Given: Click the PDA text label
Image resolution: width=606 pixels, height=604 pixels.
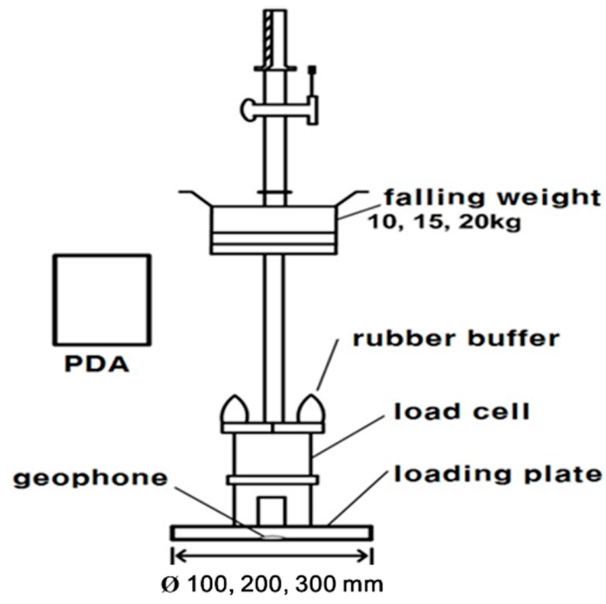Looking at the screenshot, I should click(96, 363).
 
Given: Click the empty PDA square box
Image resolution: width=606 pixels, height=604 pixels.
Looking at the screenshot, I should click(102, 299).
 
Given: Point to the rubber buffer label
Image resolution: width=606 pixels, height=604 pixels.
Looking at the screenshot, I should click(456, 339).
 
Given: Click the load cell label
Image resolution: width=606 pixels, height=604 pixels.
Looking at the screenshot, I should click(462, 412).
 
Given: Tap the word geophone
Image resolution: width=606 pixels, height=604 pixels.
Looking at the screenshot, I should click(91, 478).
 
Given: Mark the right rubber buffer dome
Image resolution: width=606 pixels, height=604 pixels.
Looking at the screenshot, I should click(311, 410).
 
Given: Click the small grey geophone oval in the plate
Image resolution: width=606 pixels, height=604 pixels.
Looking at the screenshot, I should click(273, 537).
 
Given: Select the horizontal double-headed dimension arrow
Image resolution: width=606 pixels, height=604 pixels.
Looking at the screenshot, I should click(272, 555).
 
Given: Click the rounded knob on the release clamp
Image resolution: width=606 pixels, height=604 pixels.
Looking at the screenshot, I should click(247, 109).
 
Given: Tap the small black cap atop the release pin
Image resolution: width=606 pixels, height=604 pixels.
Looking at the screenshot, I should click(313, 70).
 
